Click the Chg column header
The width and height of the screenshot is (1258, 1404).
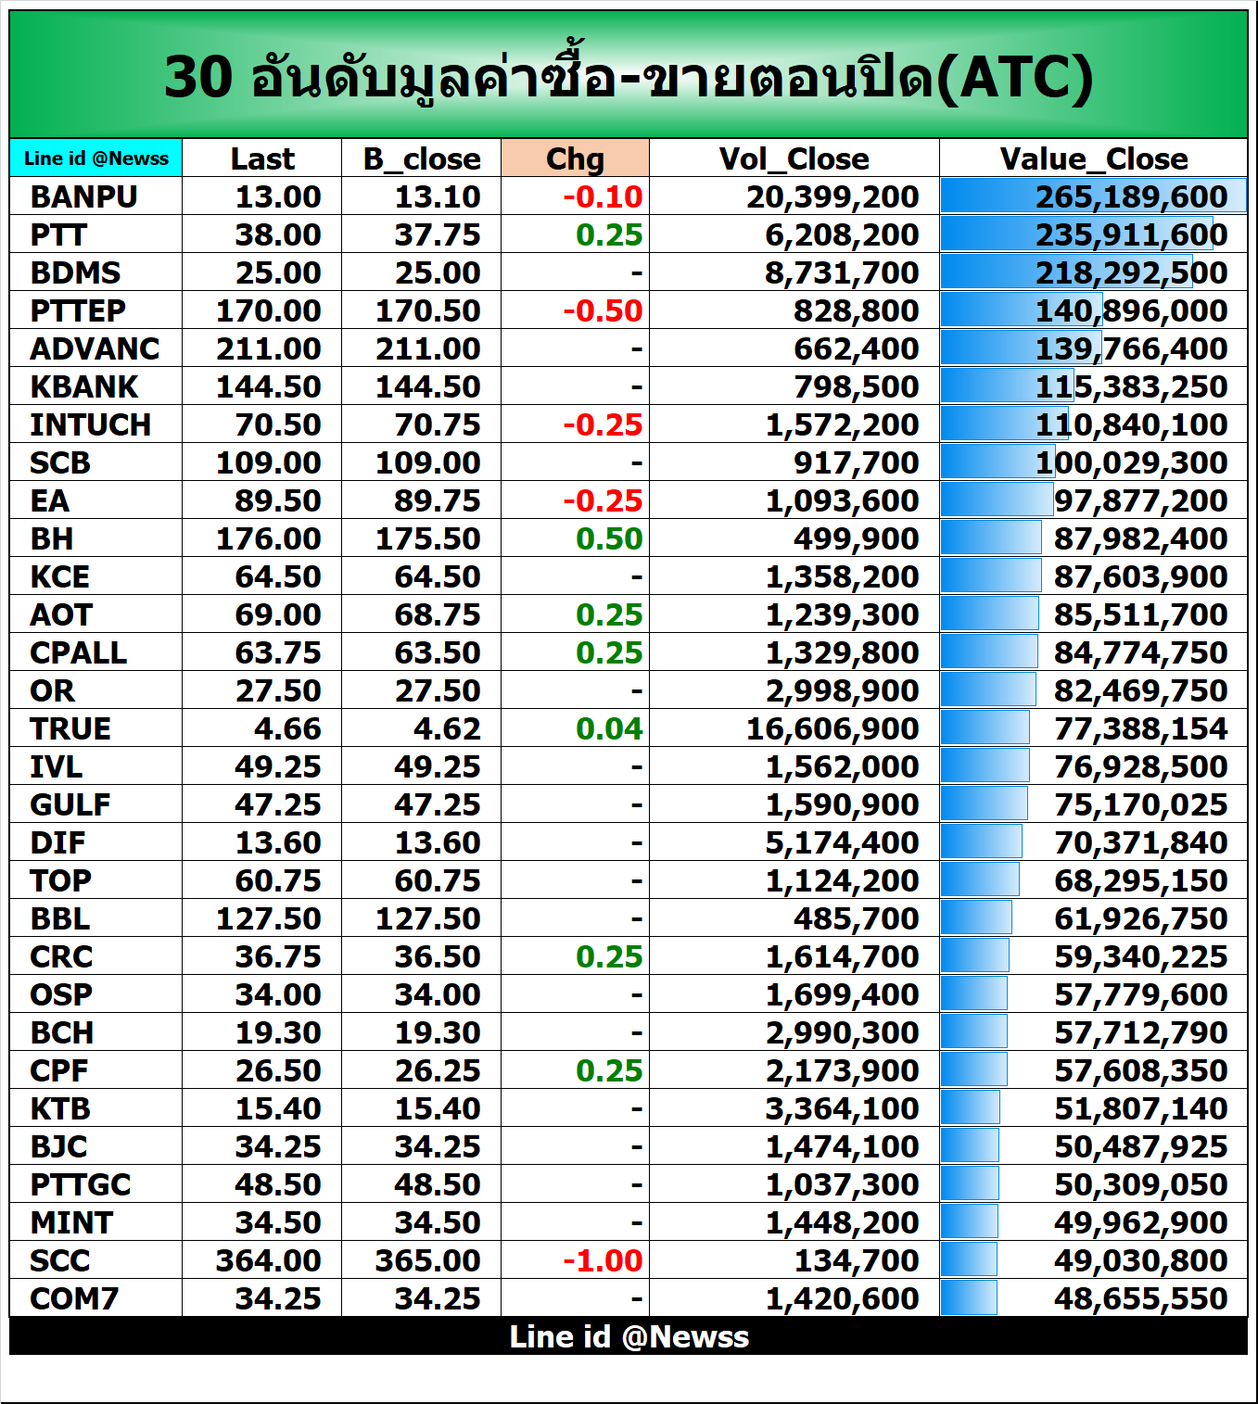[x=575, y=158]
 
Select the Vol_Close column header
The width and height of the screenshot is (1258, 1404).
[x=794, y=158]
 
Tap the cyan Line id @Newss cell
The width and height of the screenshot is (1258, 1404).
[x=96, y=158]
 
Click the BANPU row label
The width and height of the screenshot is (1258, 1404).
[x=83, y=196]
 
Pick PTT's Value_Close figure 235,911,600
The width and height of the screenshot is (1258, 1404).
[x=1131, y=234]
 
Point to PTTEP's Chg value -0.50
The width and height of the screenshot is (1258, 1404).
[x=603, y=310]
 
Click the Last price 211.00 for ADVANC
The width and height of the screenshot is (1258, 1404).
[x=268, y=348]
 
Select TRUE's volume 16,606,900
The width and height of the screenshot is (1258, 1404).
[x=832, y=728]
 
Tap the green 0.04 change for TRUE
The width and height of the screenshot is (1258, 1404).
[x=609, y=728]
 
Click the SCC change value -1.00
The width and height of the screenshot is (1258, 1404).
[x=603, y=1260]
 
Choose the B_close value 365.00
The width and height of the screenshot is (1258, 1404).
[x=427, y=1260]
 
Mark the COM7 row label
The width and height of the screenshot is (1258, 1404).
[x=74, y=1298]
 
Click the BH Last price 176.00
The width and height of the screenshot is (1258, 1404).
[x=268, y=538]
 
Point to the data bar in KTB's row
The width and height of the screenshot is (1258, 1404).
[x=971, y=1108]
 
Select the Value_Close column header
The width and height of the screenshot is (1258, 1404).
[x=1093, y=158]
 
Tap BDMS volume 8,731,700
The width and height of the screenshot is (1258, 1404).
[x=841, y=272]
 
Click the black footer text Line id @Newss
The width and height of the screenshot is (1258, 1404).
[x=629, y=1336]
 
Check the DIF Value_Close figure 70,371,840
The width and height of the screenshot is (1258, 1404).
[x=1140, y=842]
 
